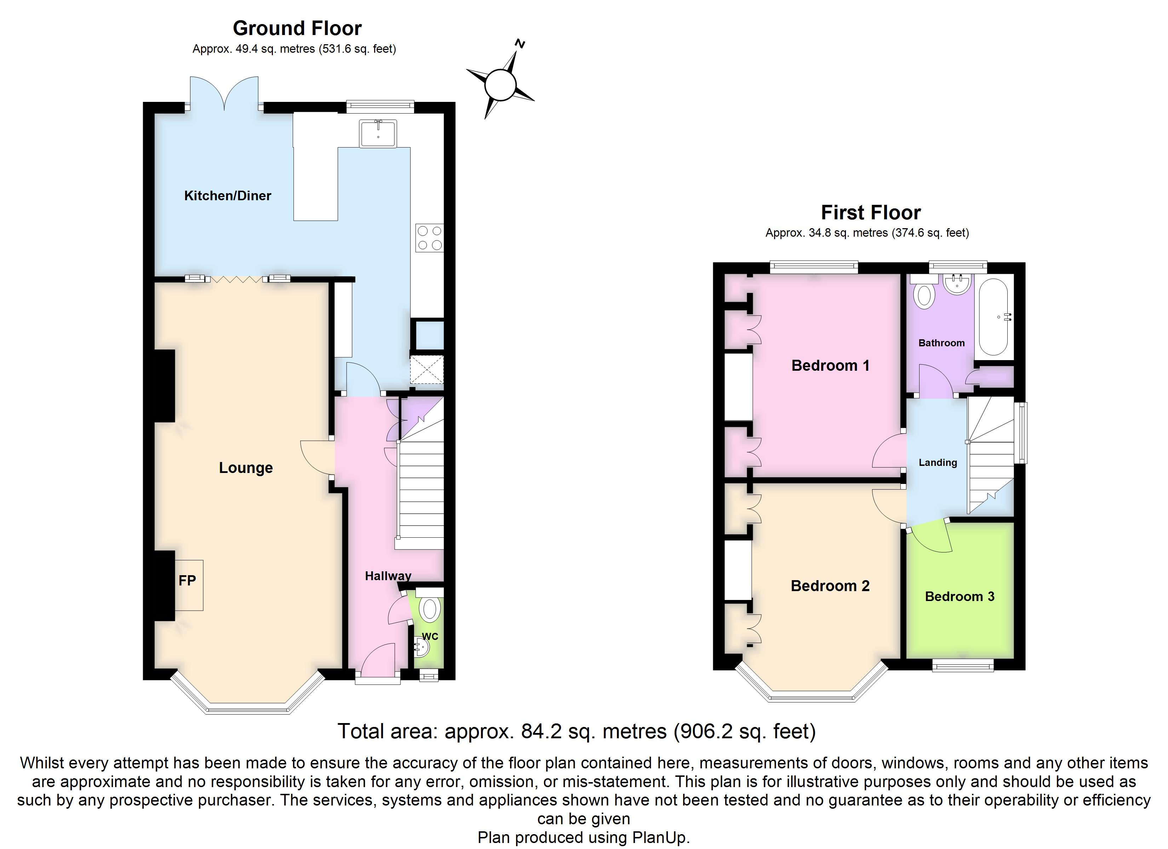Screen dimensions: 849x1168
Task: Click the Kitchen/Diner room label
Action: click(228, 196)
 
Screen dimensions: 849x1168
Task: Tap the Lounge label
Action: click(246, 468)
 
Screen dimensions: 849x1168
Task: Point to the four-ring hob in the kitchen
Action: click(429, 238)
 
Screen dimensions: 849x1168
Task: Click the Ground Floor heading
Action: click(297, 28)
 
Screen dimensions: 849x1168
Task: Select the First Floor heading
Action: click(871, 213)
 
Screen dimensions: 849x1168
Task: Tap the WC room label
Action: click(430, 636)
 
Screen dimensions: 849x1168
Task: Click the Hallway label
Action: click(388, 576)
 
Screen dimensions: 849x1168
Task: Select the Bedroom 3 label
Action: click(960, 597)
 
